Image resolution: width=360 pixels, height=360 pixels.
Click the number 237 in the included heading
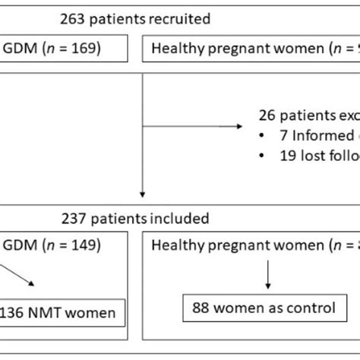(76, 219)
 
